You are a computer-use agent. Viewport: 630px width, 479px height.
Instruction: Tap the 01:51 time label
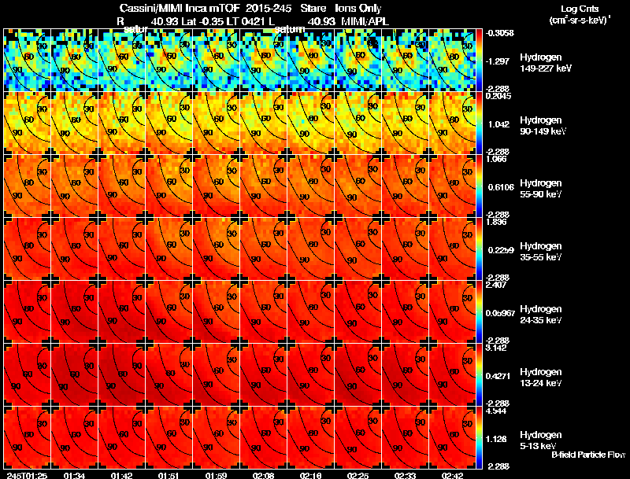pyautogui.click(x=168, y=475)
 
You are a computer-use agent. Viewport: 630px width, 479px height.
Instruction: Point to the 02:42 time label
pyautogui.click(x=453, y=475)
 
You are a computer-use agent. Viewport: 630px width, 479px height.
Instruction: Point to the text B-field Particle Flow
pyautogui.click(x=588, y=455)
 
